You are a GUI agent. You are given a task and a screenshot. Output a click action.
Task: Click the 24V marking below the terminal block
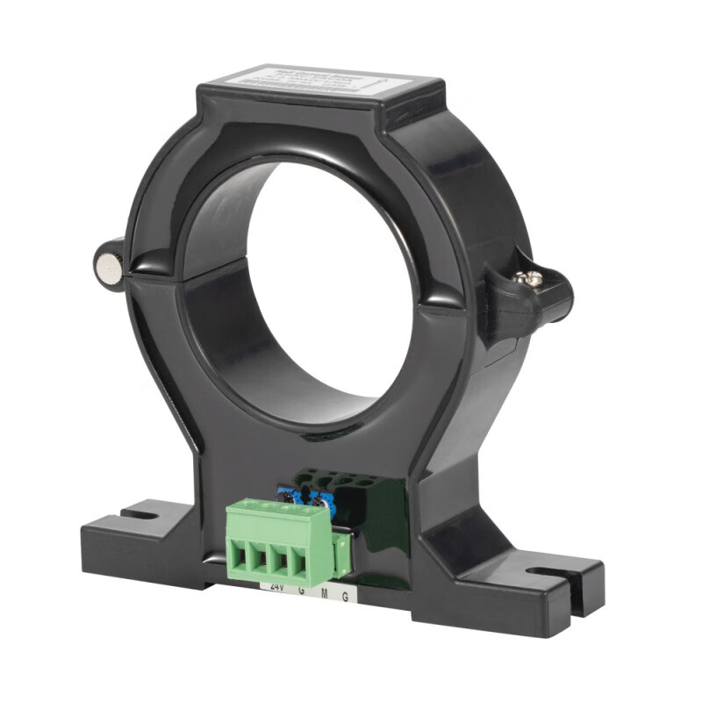point(277,587)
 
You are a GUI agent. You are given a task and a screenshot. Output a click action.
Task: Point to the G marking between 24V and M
point(302,591)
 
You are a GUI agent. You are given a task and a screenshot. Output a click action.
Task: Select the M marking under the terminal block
point(324,594)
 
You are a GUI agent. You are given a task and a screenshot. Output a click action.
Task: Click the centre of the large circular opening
point(325,290)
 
